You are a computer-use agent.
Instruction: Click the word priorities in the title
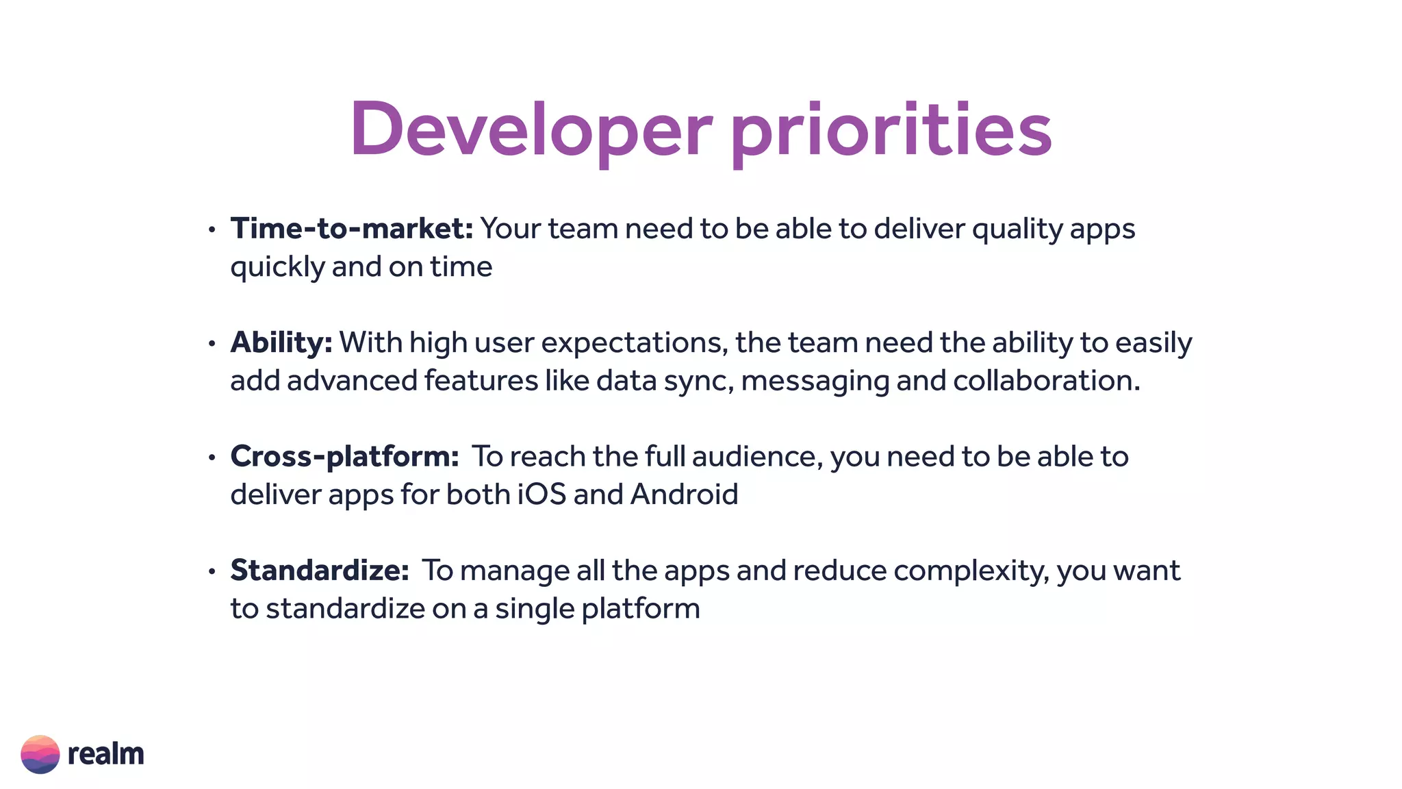tap(891, 130)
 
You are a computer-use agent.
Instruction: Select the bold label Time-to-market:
tap(351, 229)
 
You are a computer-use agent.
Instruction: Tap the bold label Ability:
tap(281, 342)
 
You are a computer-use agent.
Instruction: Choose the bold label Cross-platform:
tap(344, 457)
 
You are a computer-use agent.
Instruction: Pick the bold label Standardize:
tap(319, 571)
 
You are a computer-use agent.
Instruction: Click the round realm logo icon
tap(40, 754)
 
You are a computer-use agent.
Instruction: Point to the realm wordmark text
tap(105, 754)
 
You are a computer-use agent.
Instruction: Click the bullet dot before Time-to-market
tap(212, 230)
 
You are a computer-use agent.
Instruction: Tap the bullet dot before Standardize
tap(212, 571)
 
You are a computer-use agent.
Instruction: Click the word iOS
tap(541, 494)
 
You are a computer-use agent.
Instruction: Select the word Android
tap(684, 494)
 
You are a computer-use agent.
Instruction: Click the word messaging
tap(815, 381)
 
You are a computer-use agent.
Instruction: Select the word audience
tap(757, 457)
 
